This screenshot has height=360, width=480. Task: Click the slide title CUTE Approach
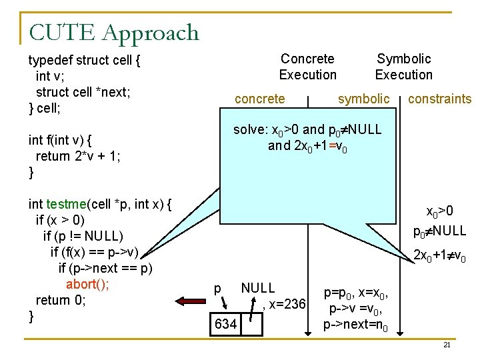[x=113, y=32]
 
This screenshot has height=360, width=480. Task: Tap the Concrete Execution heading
[x=307, y=67]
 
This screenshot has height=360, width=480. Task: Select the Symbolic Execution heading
[x=403, y=67]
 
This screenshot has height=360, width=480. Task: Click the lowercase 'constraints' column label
[x=439, y=99]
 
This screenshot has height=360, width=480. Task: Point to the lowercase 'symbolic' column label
[x=363, y=99]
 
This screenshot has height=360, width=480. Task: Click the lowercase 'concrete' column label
[x=260, y=99]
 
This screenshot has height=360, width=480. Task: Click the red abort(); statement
[x=87, y=284]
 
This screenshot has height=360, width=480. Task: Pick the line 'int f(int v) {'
[x=60, y=140]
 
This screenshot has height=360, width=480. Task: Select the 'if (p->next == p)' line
[x=105, y=268]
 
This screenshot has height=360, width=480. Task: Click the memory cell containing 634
[x=225, y=324]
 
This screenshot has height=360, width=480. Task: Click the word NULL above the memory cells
[x=258, y=288]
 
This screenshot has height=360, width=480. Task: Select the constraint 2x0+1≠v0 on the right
[x=439, y=255]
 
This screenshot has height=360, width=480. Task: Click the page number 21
[x=447, y=345]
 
